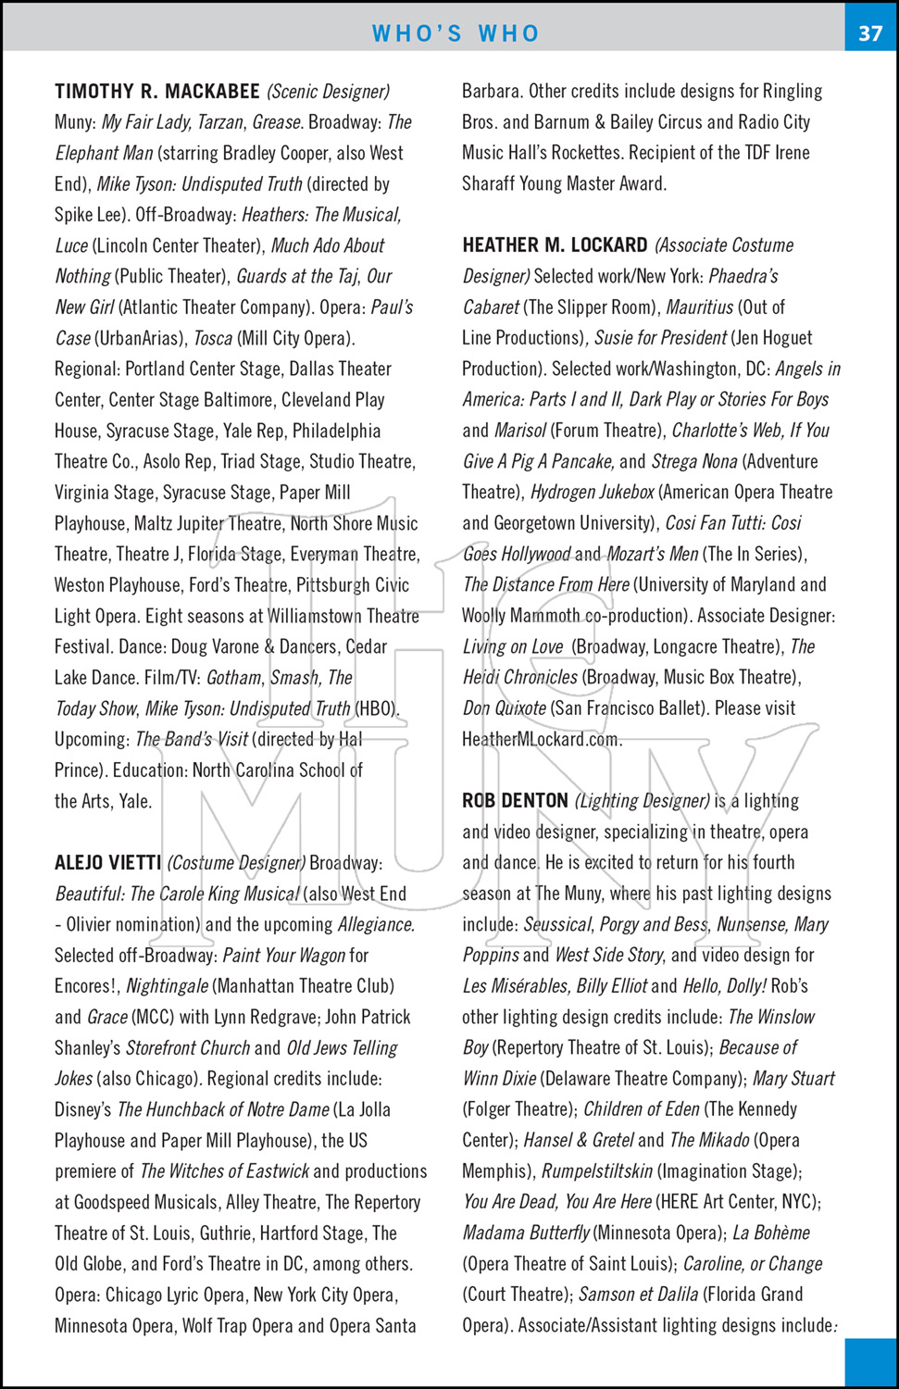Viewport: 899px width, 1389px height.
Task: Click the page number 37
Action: (x=870, y=33)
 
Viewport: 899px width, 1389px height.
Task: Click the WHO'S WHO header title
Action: (x=456, y=33)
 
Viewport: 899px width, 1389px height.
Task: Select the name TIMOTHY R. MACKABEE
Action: (x=157, y=92)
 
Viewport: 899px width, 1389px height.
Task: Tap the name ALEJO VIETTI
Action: (x=108, y=863)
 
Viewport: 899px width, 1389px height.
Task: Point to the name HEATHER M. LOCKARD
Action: (x=555, y=245)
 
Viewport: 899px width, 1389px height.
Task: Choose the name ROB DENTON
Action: (x=515, y=801)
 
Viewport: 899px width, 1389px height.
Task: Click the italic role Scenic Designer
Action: (x=329, y=92)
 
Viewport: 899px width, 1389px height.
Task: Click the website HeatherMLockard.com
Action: (x=542, y=739)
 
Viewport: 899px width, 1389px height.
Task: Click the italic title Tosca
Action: (x=213, y=338)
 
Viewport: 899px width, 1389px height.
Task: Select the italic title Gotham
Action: (x=234, y=678)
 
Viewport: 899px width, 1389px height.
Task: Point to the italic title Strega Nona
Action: (x=694, y=461)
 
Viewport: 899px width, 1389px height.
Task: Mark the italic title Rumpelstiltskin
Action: (x=597, y=1171)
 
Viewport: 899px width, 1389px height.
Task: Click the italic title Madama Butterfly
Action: (x=526, y=1233)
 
